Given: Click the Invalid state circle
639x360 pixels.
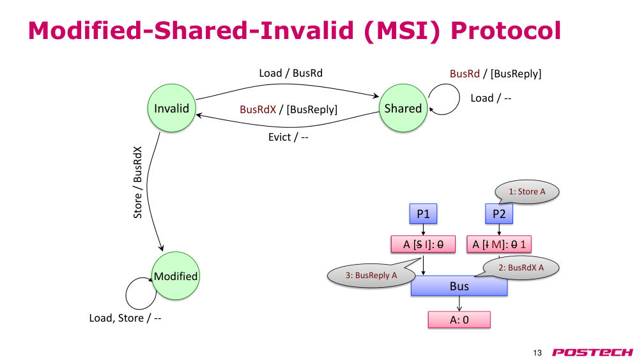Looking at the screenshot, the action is (x=171, y=108).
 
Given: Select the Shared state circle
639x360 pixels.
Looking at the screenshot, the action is (x=403, y=108).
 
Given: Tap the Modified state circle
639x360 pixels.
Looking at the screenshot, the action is (x=176, y=276).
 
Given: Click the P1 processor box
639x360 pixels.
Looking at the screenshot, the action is (x=423, y=214).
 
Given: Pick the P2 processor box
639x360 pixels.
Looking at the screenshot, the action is (x=499, y=214).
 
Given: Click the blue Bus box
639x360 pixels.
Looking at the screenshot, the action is (x=459, y=286).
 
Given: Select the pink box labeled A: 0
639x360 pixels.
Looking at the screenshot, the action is (x=459, y=320).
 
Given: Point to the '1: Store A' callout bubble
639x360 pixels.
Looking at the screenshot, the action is (x=527, y=192).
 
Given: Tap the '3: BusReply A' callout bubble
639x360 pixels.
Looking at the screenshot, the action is (x=371, y=276).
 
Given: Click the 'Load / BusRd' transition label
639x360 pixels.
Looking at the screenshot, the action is (x=291, y=73).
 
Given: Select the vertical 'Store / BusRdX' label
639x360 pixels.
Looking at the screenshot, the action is (x=138, y=182).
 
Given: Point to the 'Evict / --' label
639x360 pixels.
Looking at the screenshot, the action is (x=288, y=137).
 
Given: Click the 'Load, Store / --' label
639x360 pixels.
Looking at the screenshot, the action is (x=125, y=318).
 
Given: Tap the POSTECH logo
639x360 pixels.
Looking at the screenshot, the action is (x=592, y=352).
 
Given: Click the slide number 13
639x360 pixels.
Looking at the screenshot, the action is (x=537, y=353).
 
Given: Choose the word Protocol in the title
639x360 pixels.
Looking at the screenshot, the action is (x=505, y=31).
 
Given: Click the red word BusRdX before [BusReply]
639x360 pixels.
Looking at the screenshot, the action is (x=258, y=109).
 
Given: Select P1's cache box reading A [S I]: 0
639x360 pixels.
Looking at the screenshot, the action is (x=423, y=244).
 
